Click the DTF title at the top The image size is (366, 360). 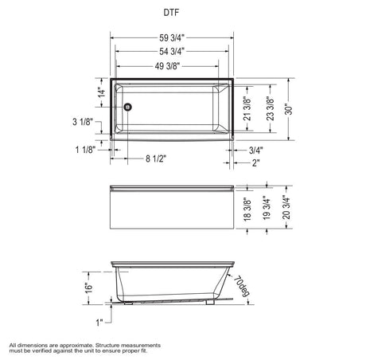tap(171, 13)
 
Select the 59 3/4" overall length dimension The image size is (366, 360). tap(172, 38)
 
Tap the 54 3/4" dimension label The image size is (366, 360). tap(172, 51)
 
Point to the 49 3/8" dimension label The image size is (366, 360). tap(167, 66)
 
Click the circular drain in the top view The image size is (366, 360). tap(128, 107)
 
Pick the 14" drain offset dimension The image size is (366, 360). tap(102, 92)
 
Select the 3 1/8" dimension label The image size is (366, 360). tap(83, 122)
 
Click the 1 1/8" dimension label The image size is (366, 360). tap(85, 150)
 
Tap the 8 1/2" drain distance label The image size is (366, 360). tap(156, 158)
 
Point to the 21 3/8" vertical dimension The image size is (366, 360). tap(247, 108)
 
